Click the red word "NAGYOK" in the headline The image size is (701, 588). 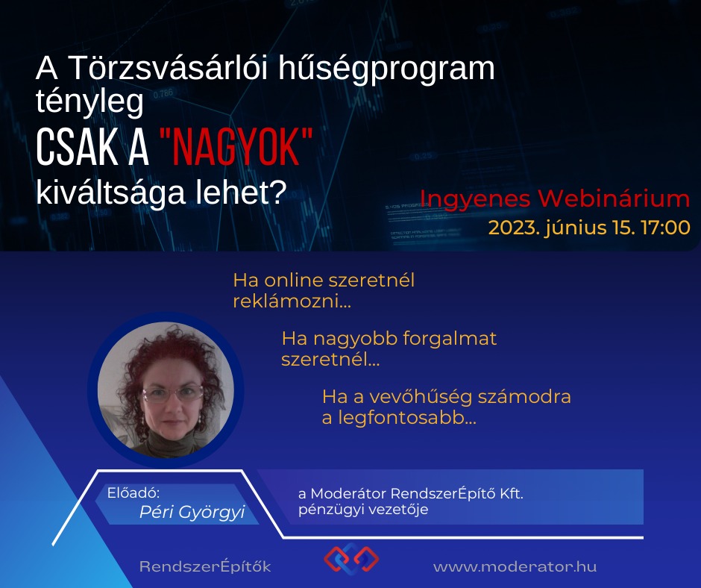236,147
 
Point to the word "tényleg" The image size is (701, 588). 89,102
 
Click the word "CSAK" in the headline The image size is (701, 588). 76,147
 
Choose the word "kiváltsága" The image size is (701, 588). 110,193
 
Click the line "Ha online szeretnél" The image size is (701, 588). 324,281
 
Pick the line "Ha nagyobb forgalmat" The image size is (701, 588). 389,339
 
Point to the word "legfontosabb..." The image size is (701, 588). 407,418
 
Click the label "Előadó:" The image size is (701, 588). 133,492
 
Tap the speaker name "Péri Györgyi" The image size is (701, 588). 192,512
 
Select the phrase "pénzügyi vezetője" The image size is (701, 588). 363,510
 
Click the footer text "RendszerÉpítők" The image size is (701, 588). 205,566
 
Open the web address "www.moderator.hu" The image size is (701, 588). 515,567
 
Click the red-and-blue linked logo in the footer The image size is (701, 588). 351,558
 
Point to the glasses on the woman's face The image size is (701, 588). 174,394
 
